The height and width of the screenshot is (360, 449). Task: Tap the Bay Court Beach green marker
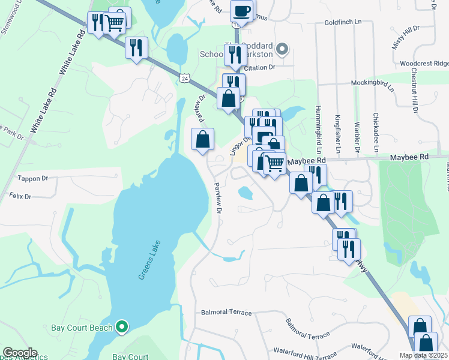(122, 327)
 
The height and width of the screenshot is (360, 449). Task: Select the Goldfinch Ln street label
(343, 22)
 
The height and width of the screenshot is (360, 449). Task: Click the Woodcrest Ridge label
(424, 63)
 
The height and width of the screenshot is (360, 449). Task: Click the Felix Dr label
(19, 196)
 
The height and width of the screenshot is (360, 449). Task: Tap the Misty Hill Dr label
(405, 38)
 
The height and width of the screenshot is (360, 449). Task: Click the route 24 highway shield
(184, 78)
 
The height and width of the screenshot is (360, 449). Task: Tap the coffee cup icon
(242, 11)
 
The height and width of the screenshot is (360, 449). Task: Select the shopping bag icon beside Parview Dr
(203, 139)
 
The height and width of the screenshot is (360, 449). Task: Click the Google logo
(20, 353)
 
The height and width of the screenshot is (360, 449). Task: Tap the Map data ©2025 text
(423, 355)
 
